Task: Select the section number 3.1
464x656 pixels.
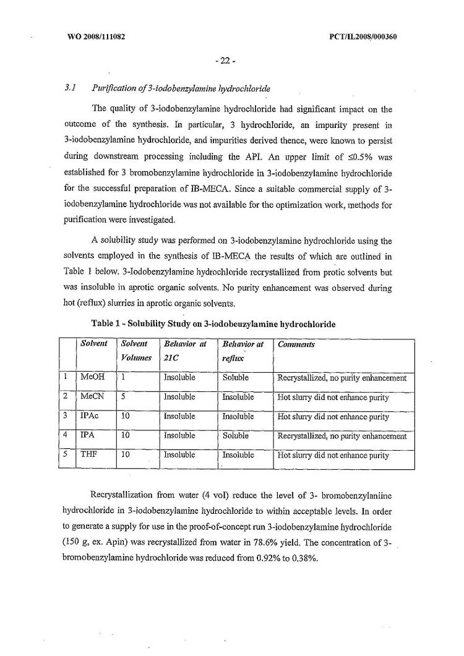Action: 70,89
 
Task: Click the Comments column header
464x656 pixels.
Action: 296,344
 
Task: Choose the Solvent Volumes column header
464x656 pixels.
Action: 136,351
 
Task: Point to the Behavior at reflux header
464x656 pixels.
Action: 243,351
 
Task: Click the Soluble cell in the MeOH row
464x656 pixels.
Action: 236,378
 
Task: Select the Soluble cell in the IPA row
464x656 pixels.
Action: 236,436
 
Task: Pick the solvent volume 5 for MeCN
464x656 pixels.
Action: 123,397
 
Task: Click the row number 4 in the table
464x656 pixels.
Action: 65,436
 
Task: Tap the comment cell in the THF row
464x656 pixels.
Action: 333,456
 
